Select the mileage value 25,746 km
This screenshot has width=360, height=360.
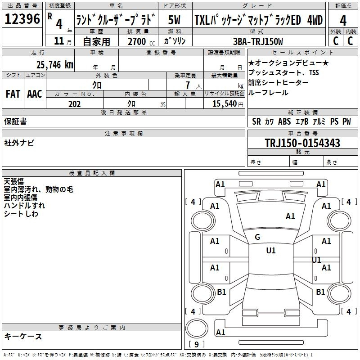pyautogui.click(x=54, y=64)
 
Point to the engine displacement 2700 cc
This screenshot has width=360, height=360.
pyautogui.click(x=137, y=42)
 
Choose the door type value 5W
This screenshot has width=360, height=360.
pyautogui.click(x=175, y=20)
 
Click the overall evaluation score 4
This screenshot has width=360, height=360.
pyautogui.click(x=343, y=20)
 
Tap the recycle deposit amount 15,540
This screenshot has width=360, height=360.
pyautogui.click(x=223, y=104)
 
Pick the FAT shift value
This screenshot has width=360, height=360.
pyautogui.click(x=13, y=94)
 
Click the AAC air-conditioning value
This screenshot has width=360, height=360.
pyautogui.click(x=35, y=94)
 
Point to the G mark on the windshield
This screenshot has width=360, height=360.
pyautogui.click(x=257, y=237)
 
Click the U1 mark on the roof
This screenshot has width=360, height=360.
pyautogui.click(x=271, y=251)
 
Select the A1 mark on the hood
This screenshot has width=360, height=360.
pyautogui.click(x=290, y=216)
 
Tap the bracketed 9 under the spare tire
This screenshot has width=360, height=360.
pyautogui.click(x=196, y=345)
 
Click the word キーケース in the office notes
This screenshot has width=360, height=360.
pyautogui.click(x=23, y=336)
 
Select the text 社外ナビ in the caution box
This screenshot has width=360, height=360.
pyautogui.click(x=19, y=143)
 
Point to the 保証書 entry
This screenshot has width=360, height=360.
pyautogui.click(x=15, y=121)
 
